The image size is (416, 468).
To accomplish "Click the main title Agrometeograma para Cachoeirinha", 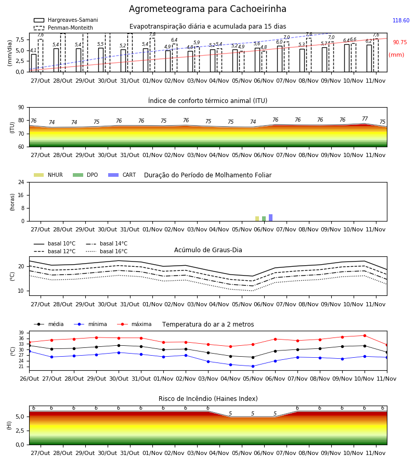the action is coord(207,9).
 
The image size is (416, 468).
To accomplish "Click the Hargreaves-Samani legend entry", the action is coord(66,20).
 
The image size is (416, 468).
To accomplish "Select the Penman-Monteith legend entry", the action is coord(63,28).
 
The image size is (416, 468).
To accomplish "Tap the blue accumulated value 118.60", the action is coord(401,20).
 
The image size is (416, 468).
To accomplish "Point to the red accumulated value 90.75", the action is coord(400,42).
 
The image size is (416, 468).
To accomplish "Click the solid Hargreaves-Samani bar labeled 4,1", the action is coord(34,63).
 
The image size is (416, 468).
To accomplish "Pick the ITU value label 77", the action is coord(365,119).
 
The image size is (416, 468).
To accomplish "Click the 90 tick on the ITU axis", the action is coord(21,108).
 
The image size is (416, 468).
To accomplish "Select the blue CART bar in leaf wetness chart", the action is coord(271,217).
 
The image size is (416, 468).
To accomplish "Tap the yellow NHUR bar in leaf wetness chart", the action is coord(257,219).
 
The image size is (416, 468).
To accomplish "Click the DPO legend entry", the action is coord(85,175).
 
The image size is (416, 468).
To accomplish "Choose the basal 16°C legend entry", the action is coord(107,251).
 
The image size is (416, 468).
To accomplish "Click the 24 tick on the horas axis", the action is coord(21,182).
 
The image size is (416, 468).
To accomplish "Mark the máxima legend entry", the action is coord(134,324).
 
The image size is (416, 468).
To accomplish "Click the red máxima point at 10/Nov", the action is coord(365,335).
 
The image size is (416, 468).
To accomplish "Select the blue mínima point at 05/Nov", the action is coord(253,366).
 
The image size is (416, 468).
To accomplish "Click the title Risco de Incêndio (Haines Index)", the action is coord(208,399).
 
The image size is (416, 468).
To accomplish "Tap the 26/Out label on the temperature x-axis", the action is coord(29,379).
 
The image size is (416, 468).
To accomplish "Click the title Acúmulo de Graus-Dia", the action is coord(208,250).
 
